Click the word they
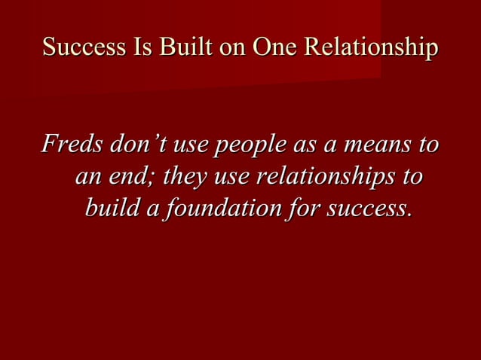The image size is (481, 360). pyautogui.click(x=185, y=178)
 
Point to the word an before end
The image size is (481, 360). pyautogui.click(x=89, y=178)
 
